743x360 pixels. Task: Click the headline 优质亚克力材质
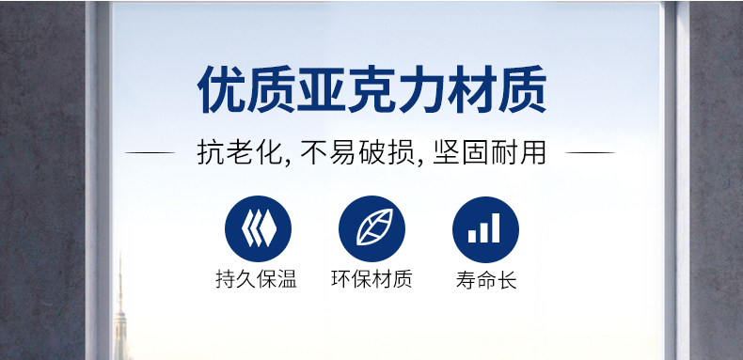pos(371,90)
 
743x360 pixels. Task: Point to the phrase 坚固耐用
pos(489,152)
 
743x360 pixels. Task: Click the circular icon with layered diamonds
pos(258,228)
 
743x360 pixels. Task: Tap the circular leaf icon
pos(372,228)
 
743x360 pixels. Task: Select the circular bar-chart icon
pos(485,229)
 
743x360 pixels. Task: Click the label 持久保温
pos(257,279)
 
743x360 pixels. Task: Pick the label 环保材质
pos(372,279)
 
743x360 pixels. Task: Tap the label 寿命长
pos(486,279)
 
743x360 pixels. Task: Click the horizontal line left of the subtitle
pos(150,153)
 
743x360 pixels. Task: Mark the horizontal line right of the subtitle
pos(590,153)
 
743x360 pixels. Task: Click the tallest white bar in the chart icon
pos(495,227)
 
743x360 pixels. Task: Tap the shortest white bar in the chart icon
pos(472,236)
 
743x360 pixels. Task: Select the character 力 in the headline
pos(421,90)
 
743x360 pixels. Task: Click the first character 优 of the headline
pos(221,90)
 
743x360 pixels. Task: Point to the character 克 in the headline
pos(371,90)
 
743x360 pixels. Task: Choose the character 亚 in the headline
pos(322,90)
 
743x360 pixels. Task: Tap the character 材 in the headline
pos(472,90)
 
